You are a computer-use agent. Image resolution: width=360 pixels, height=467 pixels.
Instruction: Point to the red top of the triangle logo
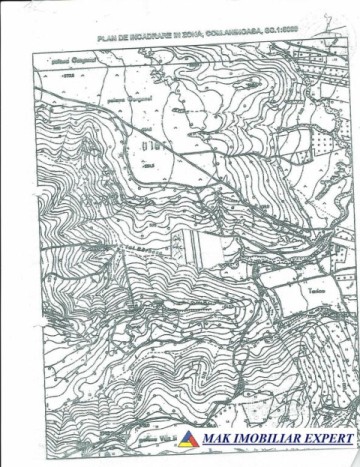(x=188, y=433)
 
